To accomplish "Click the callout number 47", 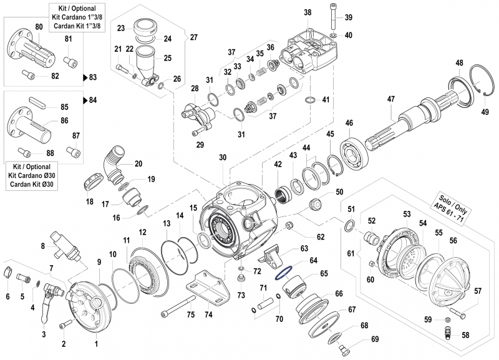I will click(x=391, y=99).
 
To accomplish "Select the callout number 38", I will click(x=308, y=12).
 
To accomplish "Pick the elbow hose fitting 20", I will click(x=115, y=159).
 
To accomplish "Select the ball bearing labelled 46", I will click(x=352, y=149).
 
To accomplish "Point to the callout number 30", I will click(x=223, y=158).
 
